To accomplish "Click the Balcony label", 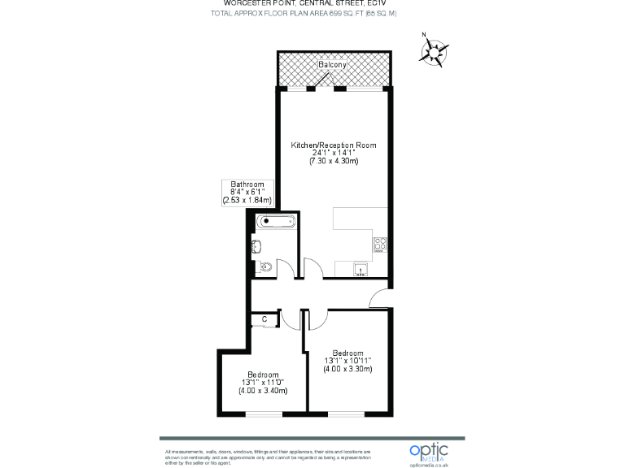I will coord(332,65).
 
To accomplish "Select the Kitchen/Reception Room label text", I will coord(334,145).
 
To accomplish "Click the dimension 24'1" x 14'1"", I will coord(334,153).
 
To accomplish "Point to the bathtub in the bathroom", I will coord(273,221).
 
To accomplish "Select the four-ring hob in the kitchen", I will coord(380,243).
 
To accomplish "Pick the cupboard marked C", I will coord(264,320).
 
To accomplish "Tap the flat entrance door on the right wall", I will coord(379,299).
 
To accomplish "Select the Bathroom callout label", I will coord(247,184).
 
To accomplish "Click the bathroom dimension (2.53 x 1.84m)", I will coord(247,200).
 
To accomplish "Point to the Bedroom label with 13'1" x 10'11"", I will coord(348,353).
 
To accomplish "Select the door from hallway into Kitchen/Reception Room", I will coord(312,267).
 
